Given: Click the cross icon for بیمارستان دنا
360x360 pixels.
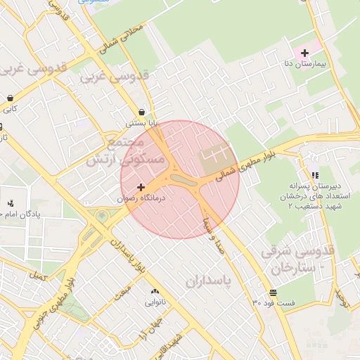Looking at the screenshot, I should click(x=304, y=53).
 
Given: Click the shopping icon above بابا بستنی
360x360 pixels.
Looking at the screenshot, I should click(x=142, y=112).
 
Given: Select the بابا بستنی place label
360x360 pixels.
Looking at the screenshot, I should click(x=142, y=123).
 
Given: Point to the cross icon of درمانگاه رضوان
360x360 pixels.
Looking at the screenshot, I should click(x=141, y=187).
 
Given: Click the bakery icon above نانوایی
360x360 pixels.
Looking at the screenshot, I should click(x=155, y=291).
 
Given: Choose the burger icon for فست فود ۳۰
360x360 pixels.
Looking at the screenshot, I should click(x=272, y=292).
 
